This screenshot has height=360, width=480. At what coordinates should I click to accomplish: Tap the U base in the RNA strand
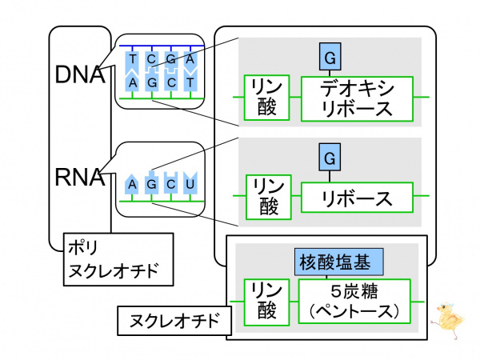190,184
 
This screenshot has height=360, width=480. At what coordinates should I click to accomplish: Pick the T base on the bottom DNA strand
190,82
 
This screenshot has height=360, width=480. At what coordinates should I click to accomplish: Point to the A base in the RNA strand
132,184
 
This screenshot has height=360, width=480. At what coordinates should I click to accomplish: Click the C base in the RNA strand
170,184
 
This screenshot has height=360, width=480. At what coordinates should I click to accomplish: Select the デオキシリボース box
356,98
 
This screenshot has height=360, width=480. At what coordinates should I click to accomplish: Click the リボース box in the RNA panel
356,197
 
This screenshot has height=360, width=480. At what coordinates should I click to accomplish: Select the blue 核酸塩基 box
339,262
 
